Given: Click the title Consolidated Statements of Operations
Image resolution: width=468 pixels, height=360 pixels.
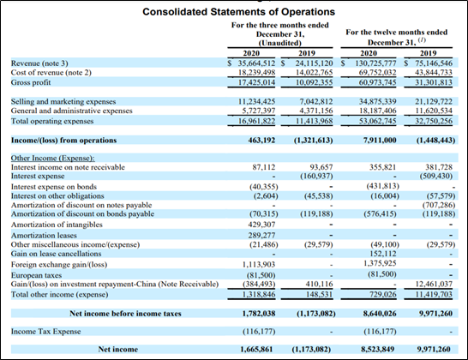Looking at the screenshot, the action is [x=238, y=12].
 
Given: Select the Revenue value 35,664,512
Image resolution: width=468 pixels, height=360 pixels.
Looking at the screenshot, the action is [x=256, y=63].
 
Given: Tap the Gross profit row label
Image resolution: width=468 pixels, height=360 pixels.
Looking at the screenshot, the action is [x=31, y=82].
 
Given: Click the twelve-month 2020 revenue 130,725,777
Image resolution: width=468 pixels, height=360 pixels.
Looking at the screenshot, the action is [x=375, y=63].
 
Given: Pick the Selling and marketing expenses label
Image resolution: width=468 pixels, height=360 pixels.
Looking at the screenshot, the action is [x=63, y=101].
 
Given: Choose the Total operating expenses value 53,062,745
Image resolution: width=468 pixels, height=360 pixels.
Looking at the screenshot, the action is [x=377, y=121].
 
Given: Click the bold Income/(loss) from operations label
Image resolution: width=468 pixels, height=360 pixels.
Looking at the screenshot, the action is [x=64, y=141].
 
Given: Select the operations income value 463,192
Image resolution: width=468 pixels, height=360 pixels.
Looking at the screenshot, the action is [x=261, y=141].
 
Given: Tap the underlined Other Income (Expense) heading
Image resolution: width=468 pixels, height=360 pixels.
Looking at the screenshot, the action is [x=53, y=159].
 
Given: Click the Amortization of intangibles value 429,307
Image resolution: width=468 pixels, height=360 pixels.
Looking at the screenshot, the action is [x=261, y=225].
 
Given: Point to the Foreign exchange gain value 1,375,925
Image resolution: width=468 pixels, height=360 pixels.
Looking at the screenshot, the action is [x=380, y=263].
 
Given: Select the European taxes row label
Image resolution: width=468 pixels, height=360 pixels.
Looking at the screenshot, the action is [x=36, y=275].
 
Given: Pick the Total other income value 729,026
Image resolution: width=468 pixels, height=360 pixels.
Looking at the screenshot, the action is [x=383, y=295].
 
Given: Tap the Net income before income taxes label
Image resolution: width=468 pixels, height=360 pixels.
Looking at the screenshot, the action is [x=125, y=314].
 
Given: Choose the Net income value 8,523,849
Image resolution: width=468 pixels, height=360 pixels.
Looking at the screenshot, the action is [x=377, y=349].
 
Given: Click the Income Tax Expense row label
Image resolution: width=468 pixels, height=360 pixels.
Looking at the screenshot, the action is [x=46, y=332].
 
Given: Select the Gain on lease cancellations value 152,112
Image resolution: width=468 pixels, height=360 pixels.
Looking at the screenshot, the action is [x=383, y=254].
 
